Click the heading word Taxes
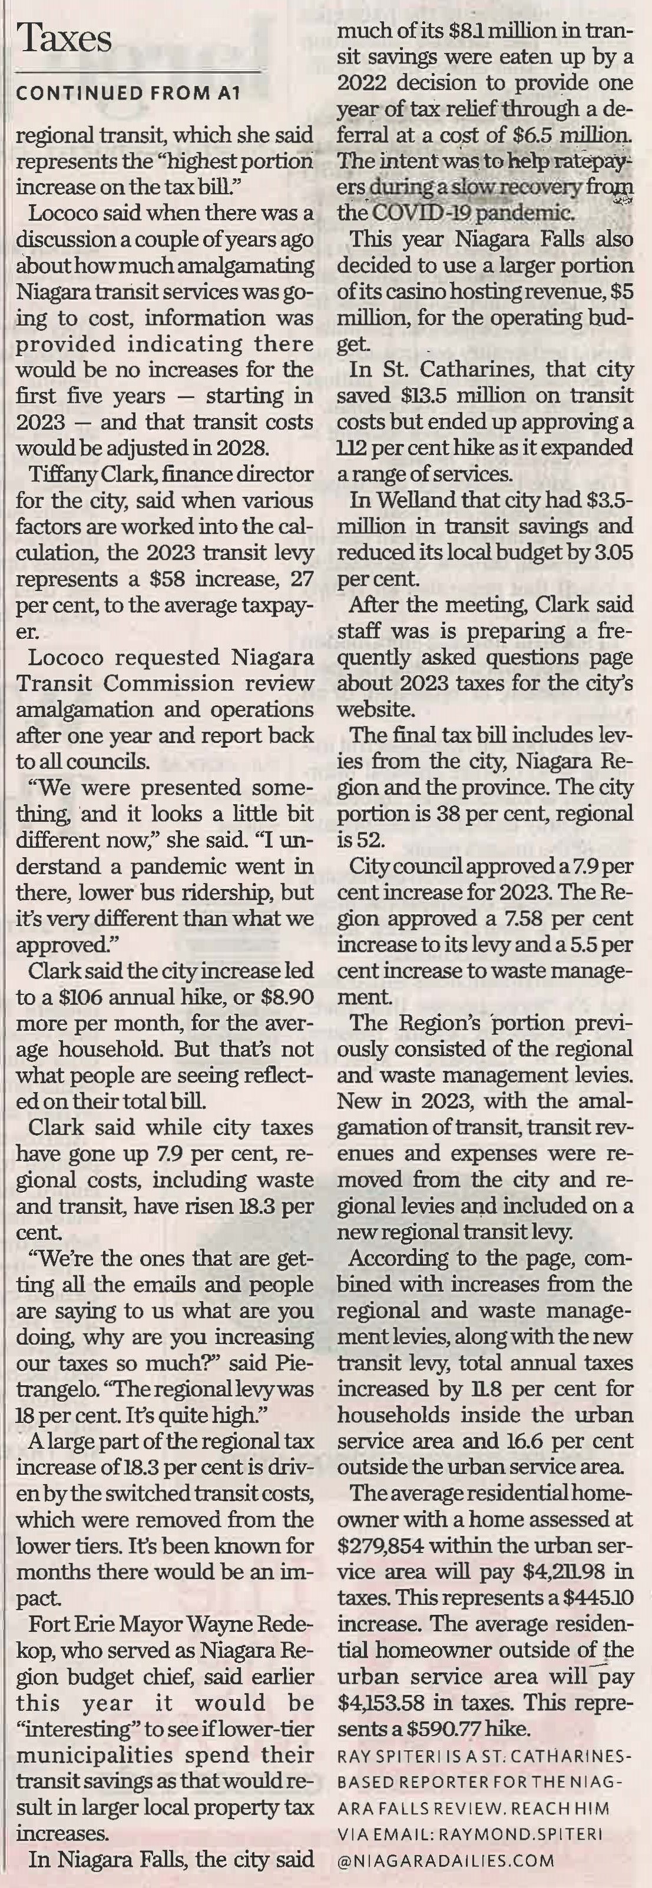[65, 38]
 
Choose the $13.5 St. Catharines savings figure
[437, 396]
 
